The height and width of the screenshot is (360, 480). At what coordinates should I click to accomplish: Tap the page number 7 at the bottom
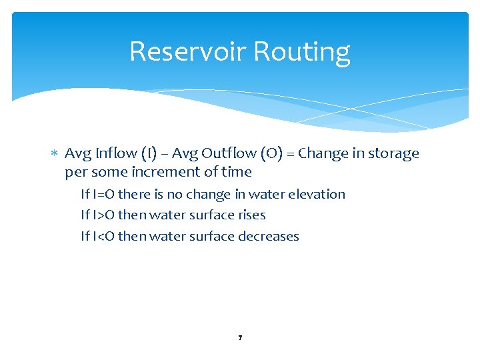[240, 338]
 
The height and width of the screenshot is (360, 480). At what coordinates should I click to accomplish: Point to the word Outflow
[229, 153]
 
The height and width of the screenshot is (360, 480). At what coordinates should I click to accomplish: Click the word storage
[393, 153]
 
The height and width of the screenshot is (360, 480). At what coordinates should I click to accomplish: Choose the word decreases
[270, 236]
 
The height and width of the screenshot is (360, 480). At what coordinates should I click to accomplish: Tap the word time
[237, 172]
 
